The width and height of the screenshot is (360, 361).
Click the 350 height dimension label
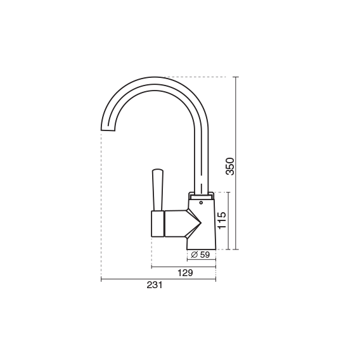pos(230,166)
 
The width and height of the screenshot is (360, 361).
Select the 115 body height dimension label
pos(222,220)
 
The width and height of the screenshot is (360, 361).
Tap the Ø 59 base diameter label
pos(200,255)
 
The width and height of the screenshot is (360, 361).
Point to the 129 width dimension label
pos(185,273)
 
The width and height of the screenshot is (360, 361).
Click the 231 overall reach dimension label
pos(155,285)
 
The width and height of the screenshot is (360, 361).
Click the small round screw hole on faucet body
pos(201,203)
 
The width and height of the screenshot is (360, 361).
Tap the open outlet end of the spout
pos(108,130)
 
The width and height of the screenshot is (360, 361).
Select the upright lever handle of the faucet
pos(158,190)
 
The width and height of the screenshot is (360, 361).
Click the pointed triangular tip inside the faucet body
pos(201,223)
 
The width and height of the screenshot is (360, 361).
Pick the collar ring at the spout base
pos(201,196)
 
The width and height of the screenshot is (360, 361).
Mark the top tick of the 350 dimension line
pos(236,77)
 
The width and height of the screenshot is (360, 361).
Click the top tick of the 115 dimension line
pos(228,193)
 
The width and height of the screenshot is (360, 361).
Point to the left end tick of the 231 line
pos(101,279)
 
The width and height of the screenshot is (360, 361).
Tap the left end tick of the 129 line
pos(151,267)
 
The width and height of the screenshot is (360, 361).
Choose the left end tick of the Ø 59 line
pos(187,260)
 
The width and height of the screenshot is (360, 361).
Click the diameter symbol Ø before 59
pos(195,255)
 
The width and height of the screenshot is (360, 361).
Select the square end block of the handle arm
pos(158,224)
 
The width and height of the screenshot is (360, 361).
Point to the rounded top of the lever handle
pos(158,170)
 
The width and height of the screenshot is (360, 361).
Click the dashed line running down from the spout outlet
pos(101,204)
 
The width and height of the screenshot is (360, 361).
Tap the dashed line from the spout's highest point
pos(194,77)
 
